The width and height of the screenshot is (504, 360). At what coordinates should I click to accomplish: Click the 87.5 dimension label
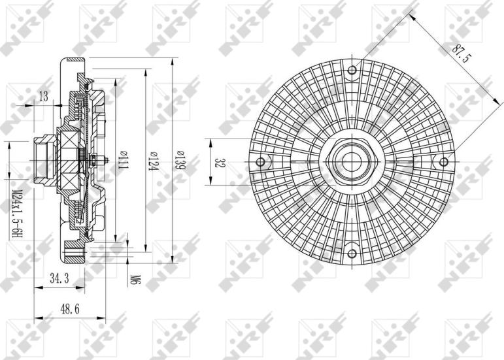click(x=460, y=53)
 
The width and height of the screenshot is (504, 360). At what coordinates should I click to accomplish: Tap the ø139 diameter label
click(x=179, y=160)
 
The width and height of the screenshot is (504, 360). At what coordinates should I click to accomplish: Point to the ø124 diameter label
click(x=151, y=160)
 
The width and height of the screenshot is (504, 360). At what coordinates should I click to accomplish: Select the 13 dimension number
click(x=44, y=97)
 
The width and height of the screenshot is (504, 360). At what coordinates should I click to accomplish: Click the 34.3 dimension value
click(x=59, y=279)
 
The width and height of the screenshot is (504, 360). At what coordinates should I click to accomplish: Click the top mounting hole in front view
click(x=352, y=70)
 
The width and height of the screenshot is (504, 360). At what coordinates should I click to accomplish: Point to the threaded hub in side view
click(x=43, y=159)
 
